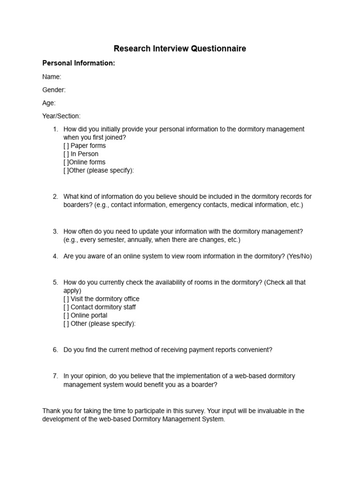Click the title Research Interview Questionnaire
[x=180, y=49]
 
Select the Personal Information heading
[x=78, y=63]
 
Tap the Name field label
[x=52, y=77]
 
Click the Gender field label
[x=54, y=90]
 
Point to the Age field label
[x=49, y=103]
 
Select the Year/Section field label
[x=61, y=116]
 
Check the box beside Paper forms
[x=66, y=146]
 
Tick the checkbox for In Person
[x=66, y=154]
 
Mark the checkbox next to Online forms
[x=66, y=162]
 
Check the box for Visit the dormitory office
[x=66, y=299]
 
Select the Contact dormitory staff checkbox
[x=66, y=307]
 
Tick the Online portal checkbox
[x=66, y=315]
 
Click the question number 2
[x=55, y=197]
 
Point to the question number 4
[x=55, y=256]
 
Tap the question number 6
[x=55, y=350]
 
